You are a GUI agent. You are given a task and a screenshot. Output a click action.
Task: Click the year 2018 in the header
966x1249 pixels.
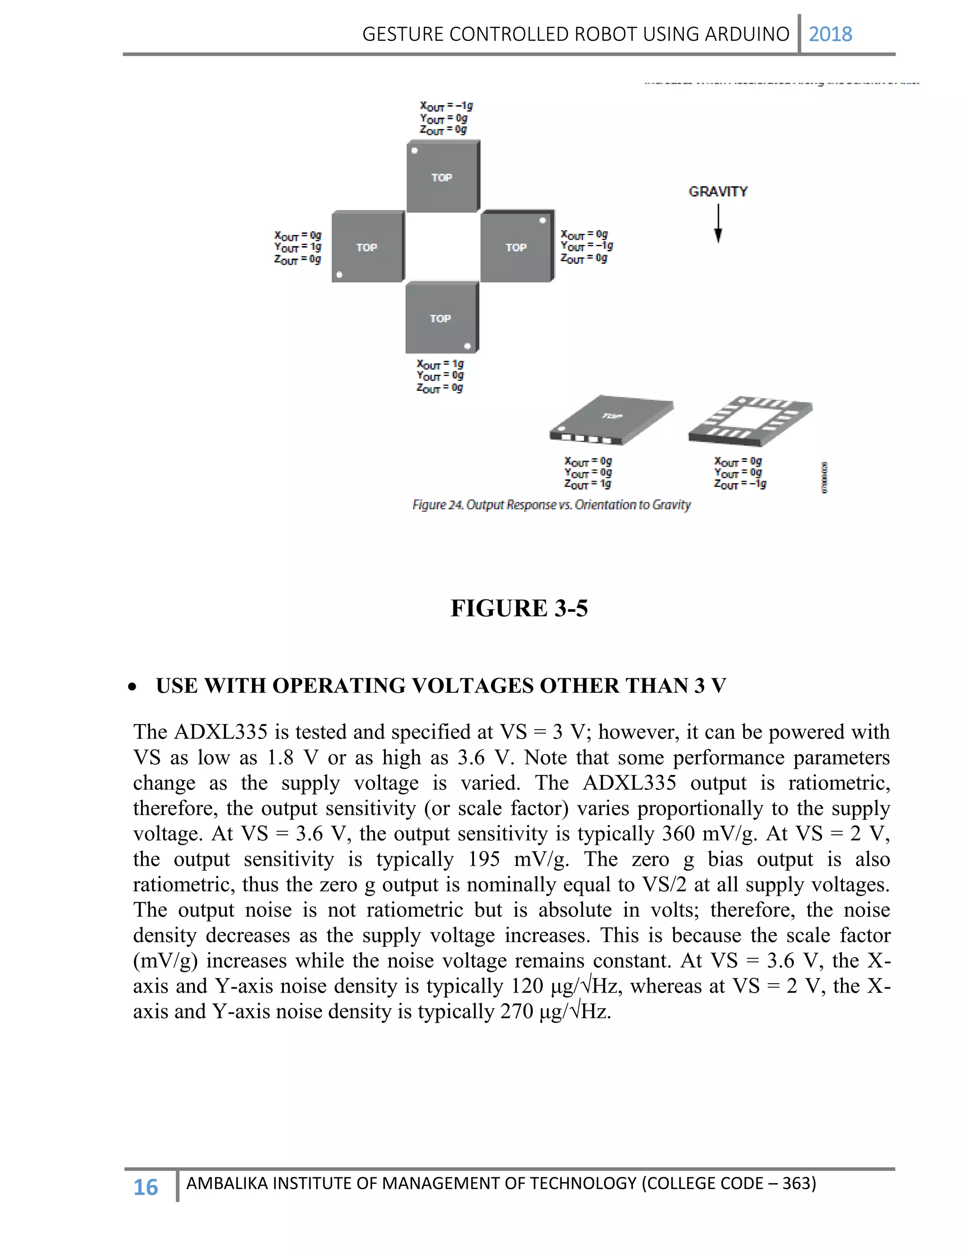click(830, 34)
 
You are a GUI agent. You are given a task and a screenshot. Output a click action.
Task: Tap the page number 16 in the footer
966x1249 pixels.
click(145, 1187)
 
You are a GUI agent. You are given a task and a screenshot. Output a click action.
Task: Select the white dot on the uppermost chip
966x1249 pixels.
click(414, 151)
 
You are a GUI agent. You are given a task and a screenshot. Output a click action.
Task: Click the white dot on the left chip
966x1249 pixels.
click(339, 274)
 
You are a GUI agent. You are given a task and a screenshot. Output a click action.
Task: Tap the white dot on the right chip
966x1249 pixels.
click(542, 220)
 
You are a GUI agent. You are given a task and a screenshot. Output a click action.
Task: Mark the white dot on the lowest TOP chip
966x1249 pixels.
click(467, 346)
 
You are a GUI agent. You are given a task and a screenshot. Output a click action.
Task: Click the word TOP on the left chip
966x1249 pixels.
click(367, 247)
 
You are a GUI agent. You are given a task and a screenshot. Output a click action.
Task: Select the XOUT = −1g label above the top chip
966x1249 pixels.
click(446, 106)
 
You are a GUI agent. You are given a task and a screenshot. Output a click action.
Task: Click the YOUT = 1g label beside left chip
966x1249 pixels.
click(298, 247)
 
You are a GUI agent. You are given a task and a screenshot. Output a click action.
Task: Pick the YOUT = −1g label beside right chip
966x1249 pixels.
click(587, 246)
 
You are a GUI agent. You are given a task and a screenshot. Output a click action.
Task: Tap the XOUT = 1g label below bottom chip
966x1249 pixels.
click(440, 364)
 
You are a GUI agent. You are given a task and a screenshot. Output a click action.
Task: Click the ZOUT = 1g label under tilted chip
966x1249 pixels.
click(588, 484)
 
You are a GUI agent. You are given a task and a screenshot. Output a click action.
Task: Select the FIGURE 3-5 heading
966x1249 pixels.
click(519, 608)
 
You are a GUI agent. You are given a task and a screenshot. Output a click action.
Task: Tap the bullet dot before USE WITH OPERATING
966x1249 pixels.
click(132, 687)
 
